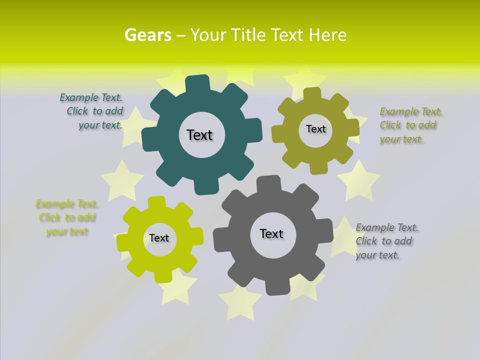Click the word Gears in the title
(147, 35)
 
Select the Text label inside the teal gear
(199, 135)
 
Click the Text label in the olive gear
(315, 129)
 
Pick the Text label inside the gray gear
(271, 233)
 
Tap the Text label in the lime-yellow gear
(159, 238)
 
